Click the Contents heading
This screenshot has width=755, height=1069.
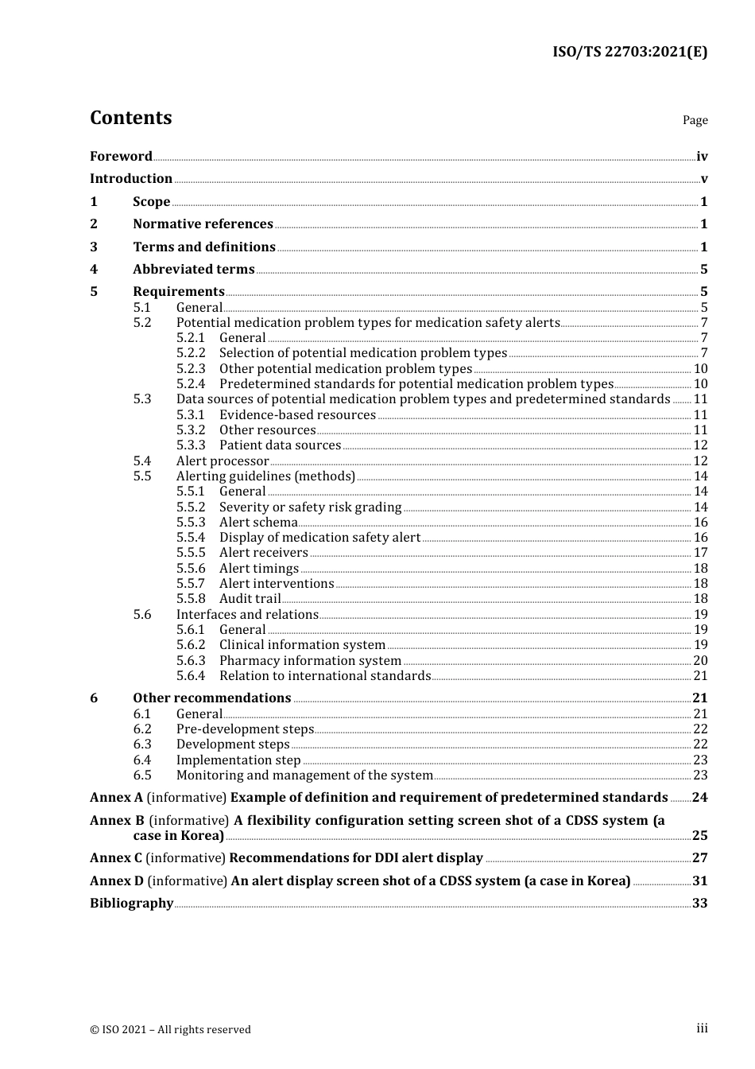pyautogui.click(x=130, y=118)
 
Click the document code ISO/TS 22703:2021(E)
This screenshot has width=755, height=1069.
pyautogui.click(x=629, y=52)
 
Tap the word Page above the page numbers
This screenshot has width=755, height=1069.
pyautogui.click(x=695, y=120)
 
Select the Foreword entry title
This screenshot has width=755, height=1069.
pyautogui.click(x=121, y=156)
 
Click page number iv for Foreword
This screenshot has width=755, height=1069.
pyautogui.click(x=702, y=157)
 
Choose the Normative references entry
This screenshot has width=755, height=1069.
pyautogui.click(x=203, y=224)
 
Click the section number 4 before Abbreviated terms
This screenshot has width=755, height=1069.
pyautogui.click(x=94, y=270)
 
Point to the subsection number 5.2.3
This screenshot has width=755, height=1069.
pyautogui.click(x=191, y=368)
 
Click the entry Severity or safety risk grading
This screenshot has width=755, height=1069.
pyautogui.click(x=310, y=507)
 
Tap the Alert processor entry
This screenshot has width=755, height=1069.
pyautogui.click(x=223, y=461)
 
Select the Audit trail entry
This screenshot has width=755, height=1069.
pyautogui.click(x=250, y=599)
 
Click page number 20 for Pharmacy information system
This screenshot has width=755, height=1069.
pyautogui.click(x=700, y=660)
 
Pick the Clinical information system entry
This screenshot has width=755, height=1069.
pyautogui.click(x=302, y=645)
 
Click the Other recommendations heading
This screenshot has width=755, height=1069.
pyautogui.click(x=211, y=698)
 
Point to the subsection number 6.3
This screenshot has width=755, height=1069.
pyautogui.click(x=142, y=744)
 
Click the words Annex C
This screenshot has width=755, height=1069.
pyautogui.click(x=116, y=858)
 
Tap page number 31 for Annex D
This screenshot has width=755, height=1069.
pyautogui.click(x=700, y=881)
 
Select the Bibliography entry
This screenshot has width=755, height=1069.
pyautogui.click(x=131, y=904)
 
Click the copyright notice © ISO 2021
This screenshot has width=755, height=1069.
pyautogui.click(x=170, y=1029)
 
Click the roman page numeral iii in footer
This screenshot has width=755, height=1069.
pyautogui.click(x=702, y=1028)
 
